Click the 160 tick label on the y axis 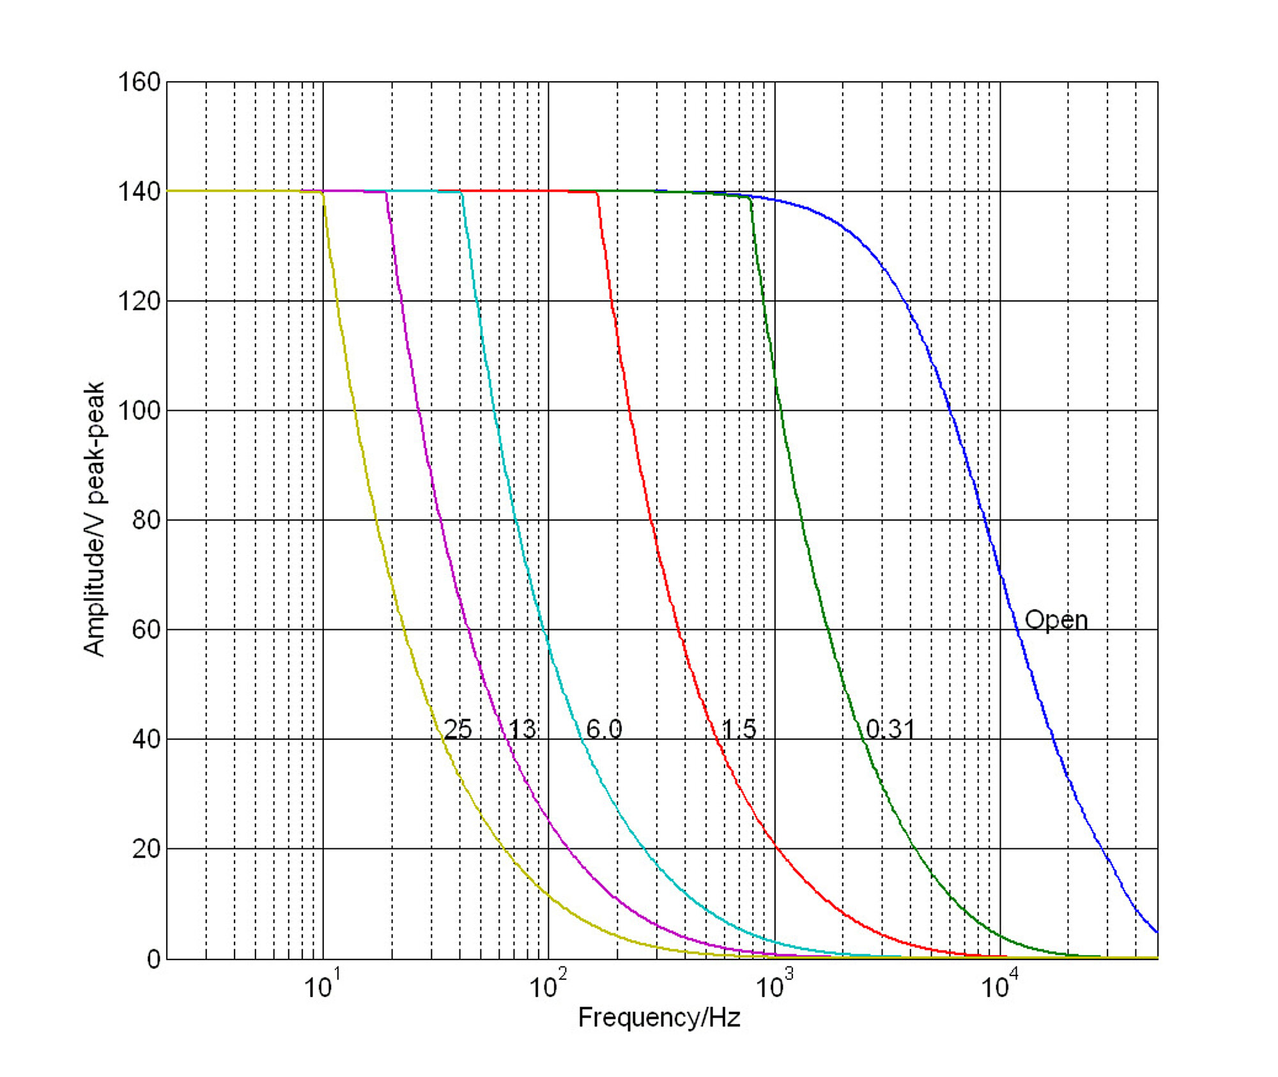139,82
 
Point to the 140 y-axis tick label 139,191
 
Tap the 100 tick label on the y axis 139,410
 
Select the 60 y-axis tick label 146,629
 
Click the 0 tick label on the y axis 153,959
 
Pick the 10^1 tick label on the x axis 321,986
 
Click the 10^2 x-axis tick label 548,986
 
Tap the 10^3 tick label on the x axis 774,986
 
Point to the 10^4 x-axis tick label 999,986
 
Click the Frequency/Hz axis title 659,1018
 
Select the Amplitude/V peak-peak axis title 94,519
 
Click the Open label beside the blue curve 1056,620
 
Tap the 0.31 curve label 890,729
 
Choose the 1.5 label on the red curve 739,729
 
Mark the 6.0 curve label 604,729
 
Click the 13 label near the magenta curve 522,729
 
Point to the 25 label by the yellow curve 458,729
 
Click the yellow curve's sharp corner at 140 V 323,192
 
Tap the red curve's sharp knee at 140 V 597,192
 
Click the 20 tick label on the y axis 146,848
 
